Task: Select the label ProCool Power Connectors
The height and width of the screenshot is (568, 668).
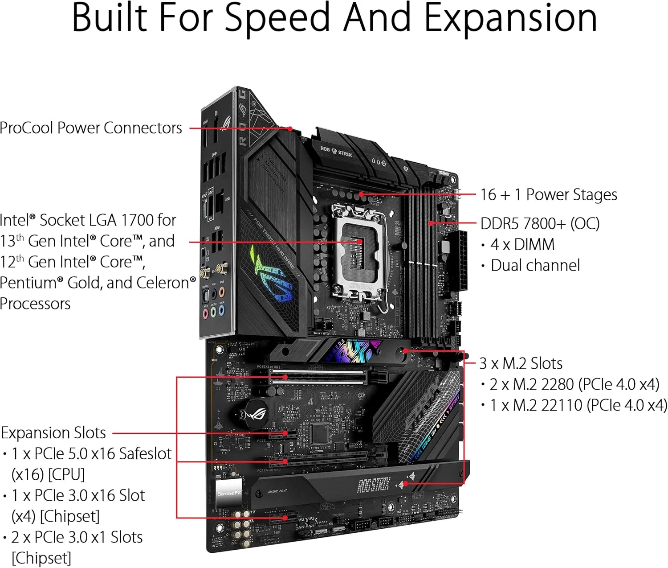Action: (91, 128)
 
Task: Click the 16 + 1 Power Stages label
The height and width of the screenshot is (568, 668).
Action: (549, 194)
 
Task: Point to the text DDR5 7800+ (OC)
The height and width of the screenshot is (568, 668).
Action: (540, 223)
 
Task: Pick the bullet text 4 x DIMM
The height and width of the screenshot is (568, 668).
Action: (522, 244)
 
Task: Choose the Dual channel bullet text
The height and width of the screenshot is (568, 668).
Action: (535, 265)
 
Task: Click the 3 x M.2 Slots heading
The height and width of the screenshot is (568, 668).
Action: (521, 363)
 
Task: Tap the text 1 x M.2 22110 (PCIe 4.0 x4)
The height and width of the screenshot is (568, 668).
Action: (578, 405)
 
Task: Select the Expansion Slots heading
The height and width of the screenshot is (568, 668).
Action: (53, 432)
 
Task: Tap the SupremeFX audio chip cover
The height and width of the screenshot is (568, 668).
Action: (229, 493)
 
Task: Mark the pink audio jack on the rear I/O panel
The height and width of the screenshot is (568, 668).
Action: (205, 313)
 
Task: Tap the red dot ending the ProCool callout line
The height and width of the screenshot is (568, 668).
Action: (290, 128)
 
